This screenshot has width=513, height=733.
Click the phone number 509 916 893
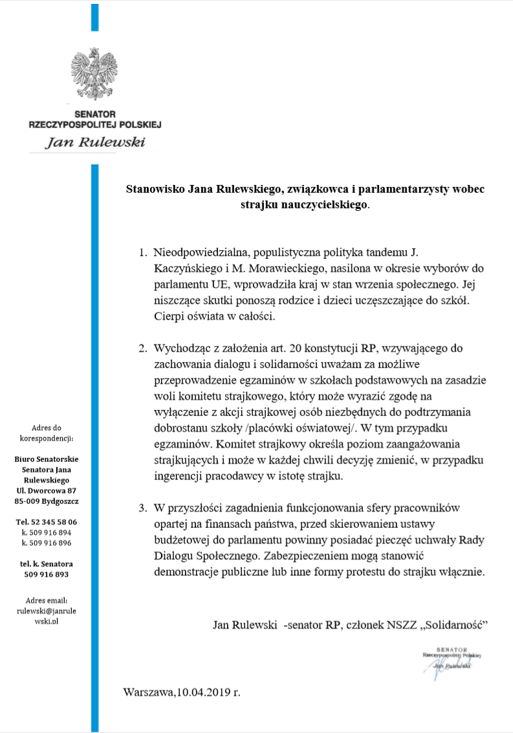pyautogui.click(x=47, y=574)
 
